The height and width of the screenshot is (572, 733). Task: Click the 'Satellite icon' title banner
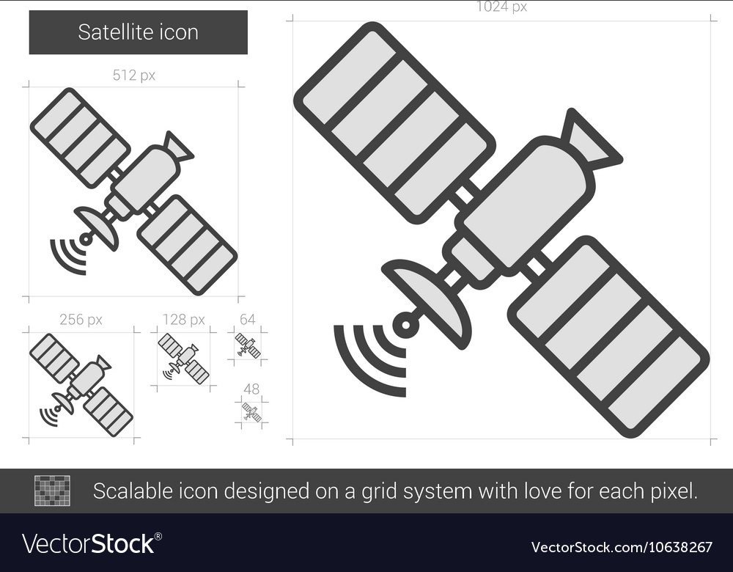(x=138, y=32)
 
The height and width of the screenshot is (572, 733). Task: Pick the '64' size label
(x=248, y=320)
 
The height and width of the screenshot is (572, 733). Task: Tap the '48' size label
(x=251, y=389)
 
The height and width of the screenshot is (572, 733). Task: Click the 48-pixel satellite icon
(x=251, y=413)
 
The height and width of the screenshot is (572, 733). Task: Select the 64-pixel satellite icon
(x=248, y=345)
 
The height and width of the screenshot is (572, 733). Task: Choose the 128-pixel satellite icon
(x=184, y=358)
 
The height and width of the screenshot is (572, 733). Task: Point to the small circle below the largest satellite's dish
(x=405, y=323)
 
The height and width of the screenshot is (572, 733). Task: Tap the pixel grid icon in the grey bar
(x=52, y=491)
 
